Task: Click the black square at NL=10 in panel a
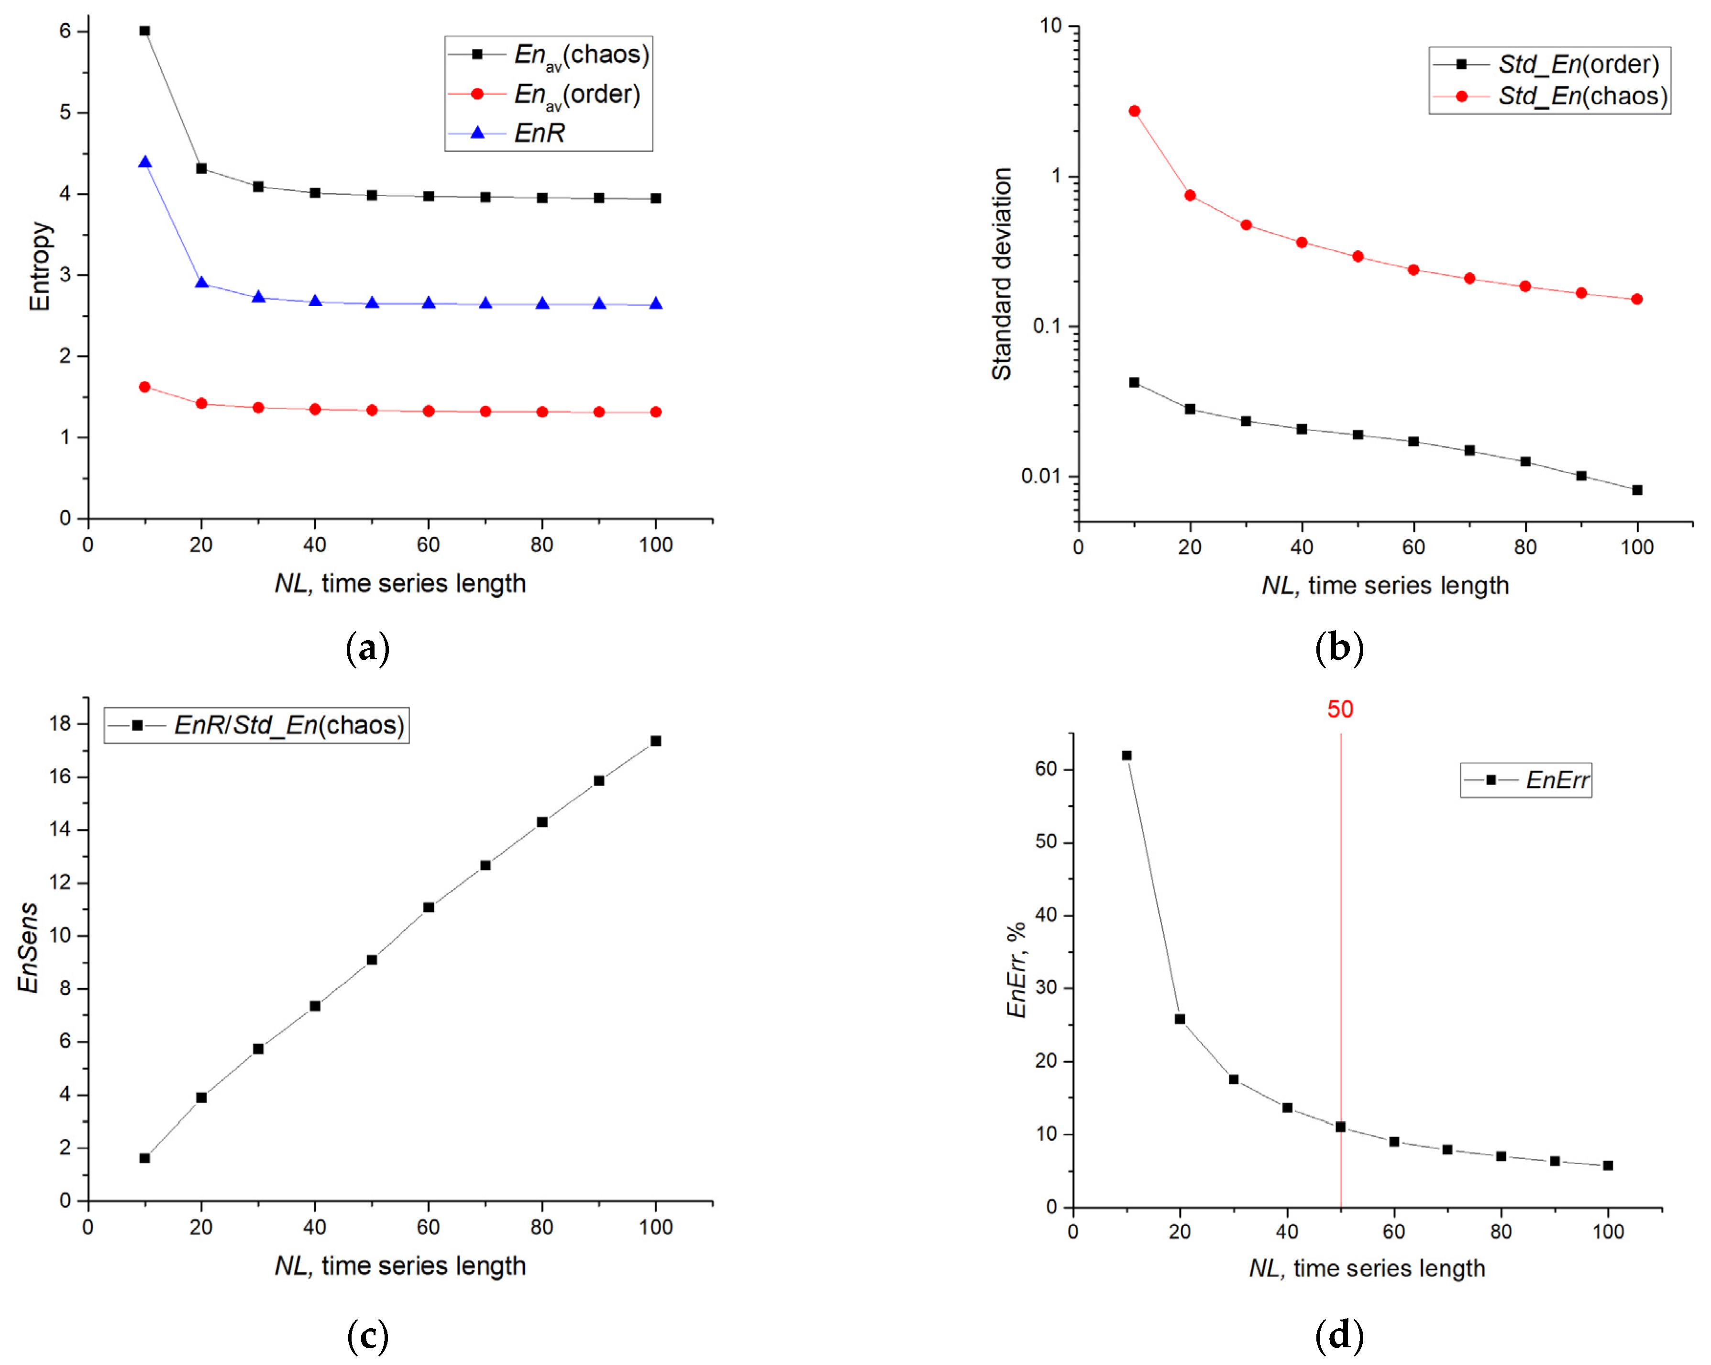[144, 31]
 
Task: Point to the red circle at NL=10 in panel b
[1134, 111]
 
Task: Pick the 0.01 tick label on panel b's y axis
[1042, 476]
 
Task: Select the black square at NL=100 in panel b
[1636, 489]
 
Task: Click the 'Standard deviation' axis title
[1002, 274]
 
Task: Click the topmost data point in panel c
[655, 741]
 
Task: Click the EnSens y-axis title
[29, 947]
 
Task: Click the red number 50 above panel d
[1340, 709]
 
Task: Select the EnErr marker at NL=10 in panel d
[1126, 755]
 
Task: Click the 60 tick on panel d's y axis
[1046, 768]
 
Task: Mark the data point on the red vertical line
[1340, 1126]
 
